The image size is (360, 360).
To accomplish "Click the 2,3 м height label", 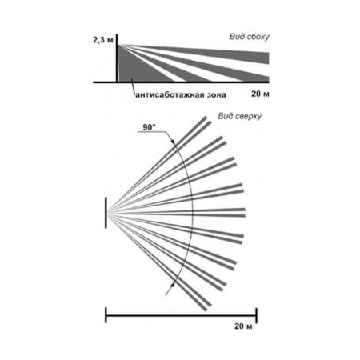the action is click(x=103, y=40).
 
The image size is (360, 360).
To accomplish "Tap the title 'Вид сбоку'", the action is click(x=249, y=37).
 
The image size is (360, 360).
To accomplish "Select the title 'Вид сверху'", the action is click(x=240, y=116).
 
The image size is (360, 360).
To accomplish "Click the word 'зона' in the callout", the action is click(x=217, y=95).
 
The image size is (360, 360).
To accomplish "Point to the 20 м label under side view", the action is click(x=260, y=94).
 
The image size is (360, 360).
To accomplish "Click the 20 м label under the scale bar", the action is click(x=243, y=326).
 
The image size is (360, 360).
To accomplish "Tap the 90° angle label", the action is click(x=149, y=127).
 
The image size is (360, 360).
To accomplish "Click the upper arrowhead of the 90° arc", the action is click(x=173, y=142).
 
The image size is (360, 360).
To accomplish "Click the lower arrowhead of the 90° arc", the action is click(x=173, y=285).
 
